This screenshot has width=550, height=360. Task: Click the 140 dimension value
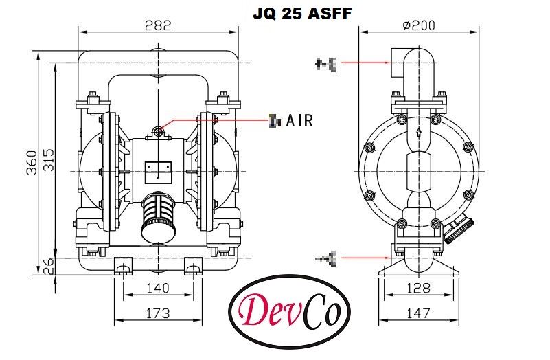point(158,289)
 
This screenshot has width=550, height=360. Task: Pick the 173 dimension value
point(158,314)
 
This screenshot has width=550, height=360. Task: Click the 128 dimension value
point(418,289)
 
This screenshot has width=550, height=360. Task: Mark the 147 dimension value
point(418,314)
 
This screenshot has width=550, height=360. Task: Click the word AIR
point(299,122)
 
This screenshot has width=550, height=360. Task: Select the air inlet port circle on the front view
point(159,130)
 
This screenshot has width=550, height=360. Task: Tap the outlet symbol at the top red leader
point(325,65)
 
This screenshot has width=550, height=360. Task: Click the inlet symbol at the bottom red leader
point(325,258)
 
